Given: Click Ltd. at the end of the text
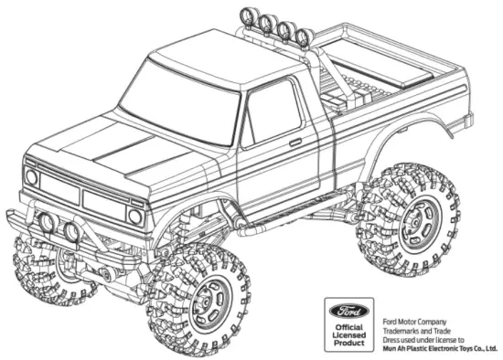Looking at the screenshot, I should pyautogui.click(x=490, y=346).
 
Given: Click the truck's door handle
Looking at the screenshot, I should pyautogui.click(x=295, y=143).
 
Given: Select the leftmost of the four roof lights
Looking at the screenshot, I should pyautogui.click(x=246, y=16).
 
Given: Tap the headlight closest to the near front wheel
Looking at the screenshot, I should pyautogui.click(x=135, y=216).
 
